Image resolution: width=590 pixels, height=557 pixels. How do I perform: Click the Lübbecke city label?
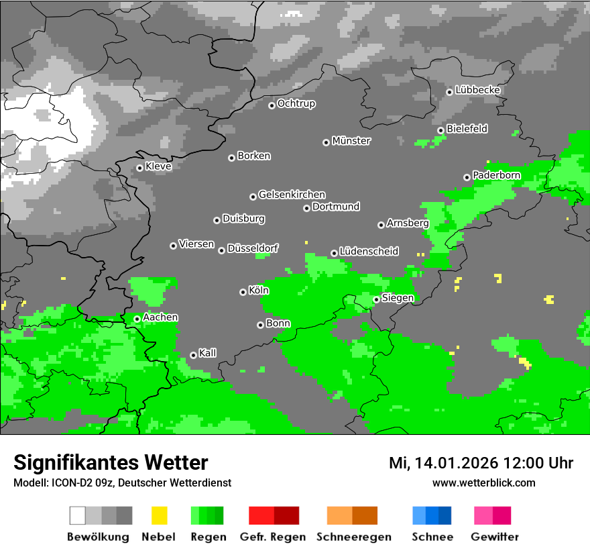pyautogui.click(x=478, y=90)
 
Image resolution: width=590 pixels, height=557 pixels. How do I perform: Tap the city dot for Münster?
pyautogui.click(x=327, y=142)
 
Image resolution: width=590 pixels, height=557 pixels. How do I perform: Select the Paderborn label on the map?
pyautogui.click(x=497, y=175)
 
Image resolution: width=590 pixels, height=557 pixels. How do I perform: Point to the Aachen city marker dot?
pyautogui.click(x=137, y=319)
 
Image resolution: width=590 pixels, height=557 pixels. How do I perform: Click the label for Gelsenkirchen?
pyautogui.click(x=292, y=195)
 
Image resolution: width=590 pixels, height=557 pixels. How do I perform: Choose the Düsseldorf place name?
pyautogui.click(x=253, y=248)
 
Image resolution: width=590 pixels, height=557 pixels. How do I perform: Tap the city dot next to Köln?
pyautogui.click(x=243, y=292)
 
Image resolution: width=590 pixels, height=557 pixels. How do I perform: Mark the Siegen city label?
pyautogui.click(x=398, y=298)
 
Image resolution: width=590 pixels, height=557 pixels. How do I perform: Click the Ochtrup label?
pyautogui.click(x=296, y=103)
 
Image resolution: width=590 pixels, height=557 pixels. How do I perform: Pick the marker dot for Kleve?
pyautogui.click(x=140, y=168)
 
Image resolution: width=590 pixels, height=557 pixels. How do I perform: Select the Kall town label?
pyautogui.click(x=208, y=353)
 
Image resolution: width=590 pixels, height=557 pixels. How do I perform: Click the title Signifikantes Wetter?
pyautogui.click(x=111, y=463)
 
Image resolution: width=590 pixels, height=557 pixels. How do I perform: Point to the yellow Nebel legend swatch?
pyautogui.click(x=159, y=515)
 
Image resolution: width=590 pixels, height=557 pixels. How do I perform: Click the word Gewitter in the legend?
pyautogui.click(x=495, y=537)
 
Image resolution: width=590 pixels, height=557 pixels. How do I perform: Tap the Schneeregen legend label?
pyautogui.click(x=354, y=537)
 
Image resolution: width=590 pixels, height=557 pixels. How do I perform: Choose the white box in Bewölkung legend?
pyautogui.click(x=78, y=515)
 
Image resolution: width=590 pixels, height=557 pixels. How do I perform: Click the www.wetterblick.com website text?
pyautogui.click(x=484, y=483)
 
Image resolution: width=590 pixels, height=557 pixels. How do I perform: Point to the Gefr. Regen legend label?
pyautogui.click(x=273, y=537)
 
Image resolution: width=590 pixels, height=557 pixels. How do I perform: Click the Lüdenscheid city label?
pyautogui.click(x=369, y=252)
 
